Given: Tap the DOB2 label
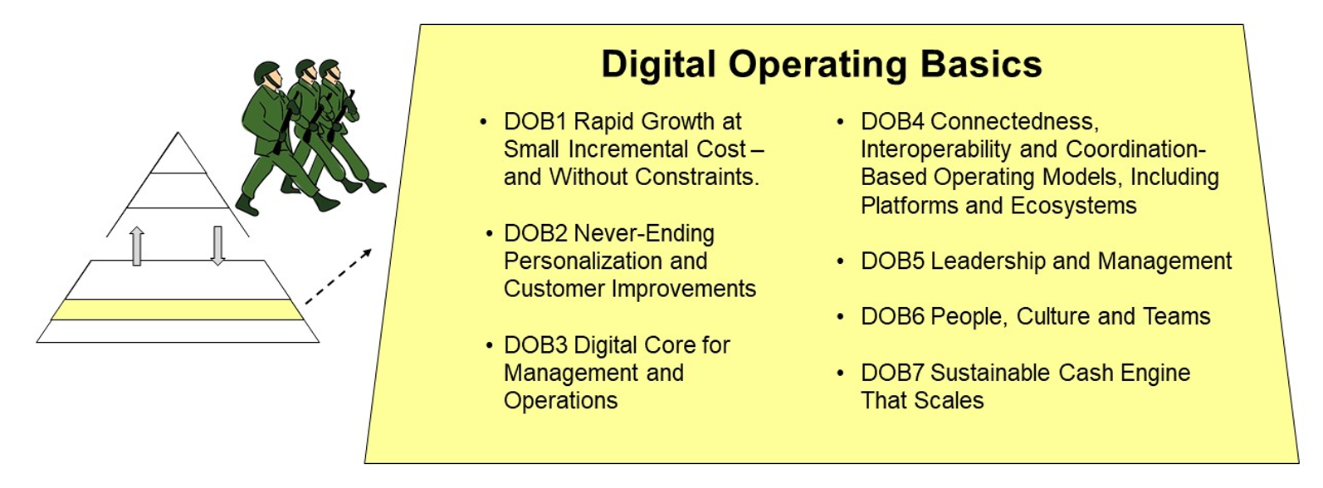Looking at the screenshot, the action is (535, 233).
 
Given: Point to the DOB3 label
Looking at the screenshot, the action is (535, 345).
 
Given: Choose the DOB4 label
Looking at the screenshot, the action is (892, 122).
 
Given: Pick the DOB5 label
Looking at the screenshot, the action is (892, 261).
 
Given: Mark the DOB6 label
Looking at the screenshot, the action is (892, 317).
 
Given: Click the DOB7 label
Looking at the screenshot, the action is (892, 373).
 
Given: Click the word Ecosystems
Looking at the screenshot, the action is (1073, 206).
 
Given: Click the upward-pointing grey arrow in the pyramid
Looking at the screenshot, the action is (137, 246).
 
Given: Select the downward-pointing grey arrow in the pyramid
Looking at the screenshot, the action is (217, 246).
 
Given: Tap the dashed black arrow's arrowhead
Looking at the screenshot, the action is (366, 253).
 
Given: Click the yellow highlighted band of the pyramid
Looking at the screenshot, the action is (177, 310).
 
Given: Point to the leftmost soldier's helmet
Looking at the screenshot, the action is (266, 73).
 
